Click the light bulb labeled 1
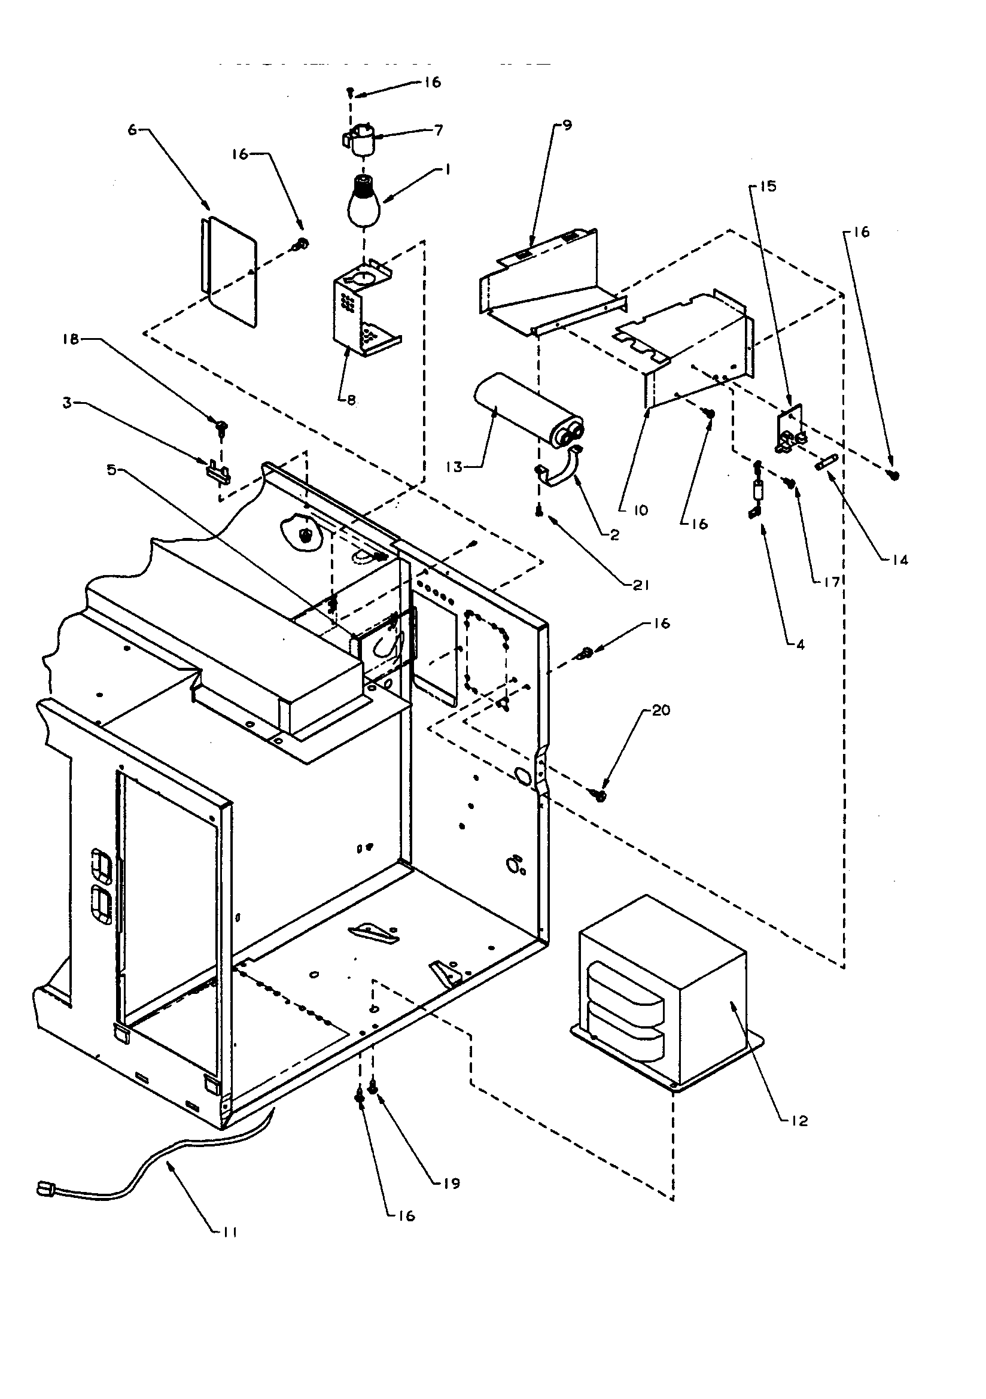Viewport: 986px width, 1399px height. coord(363,201)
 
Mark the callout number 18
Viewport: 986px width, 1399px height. coord(72,339)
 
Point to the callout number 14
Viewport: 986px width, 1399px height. coord(899,559)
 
